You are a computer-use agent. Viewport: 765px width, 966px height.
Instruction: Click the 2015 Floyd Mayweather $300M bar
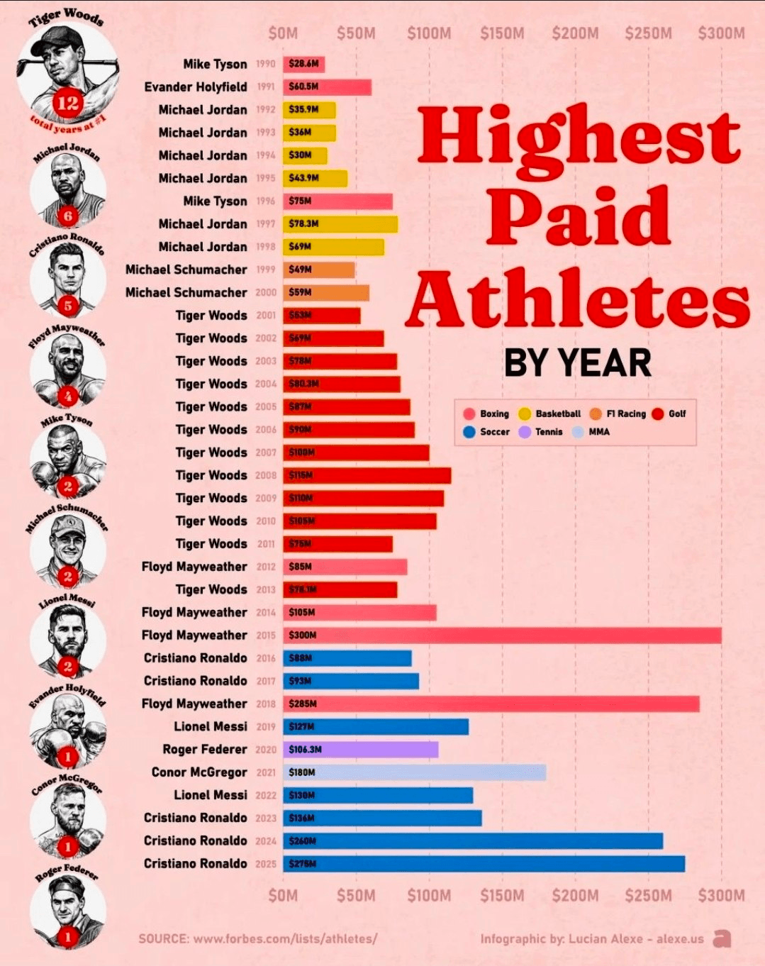pos(502,635)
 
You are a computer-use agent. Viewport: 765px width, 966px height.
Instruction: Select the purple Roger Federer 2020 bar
pos(360,749)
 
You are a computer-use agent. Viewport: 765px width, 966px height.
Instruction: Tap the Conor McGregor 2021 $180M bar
pos(414,772)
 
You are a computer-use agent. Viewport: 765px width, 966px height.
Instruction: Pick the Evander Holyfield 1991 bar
pos(327,87)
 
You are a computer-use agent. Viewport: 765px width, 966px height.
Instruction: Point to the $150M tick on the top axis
pos(502,33)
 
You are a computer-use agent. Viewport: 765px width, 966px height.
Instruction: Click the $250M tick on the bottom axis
pos(648,895)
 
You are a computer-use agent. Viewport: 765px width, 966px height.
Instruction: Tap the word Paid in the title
pos(578,216)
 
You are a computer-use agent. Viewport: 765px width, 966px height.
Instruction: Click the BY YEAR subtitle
pos(577,363)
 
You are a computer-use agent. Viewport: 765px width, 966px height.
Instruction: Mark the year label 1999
pos(266,270)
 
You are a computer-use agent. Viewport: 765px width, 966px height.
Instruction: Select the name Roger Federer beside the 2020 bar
pos(205,749)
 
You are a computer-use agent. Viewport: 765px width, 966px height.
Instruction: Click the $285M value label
pos(303,704)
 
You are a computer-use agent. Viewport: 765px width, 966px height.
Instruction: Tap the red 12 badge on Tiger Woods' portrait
pos(68,104)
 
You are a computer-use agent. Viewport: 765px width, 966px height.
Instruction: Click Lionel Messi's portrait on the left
pos(67,638)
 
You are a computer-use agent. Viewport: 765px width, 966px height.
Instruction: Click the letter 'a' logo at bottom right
pos(722,938)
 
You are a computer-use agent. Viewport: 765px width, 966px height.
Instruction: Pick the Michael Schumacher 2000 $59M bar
pos(326,292)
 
